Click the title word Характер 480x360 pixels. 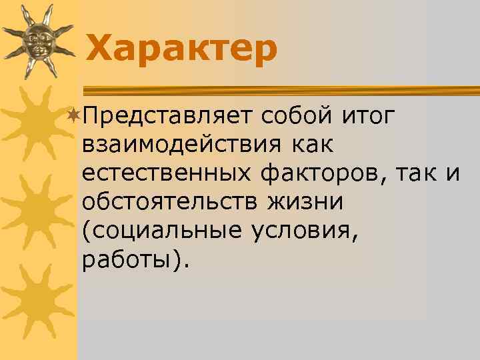[181, 49]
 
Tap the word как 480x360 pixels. [313, 144]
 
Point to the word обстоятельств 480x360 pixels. [171, 201]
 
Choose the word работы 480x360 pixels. [127, 259]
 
